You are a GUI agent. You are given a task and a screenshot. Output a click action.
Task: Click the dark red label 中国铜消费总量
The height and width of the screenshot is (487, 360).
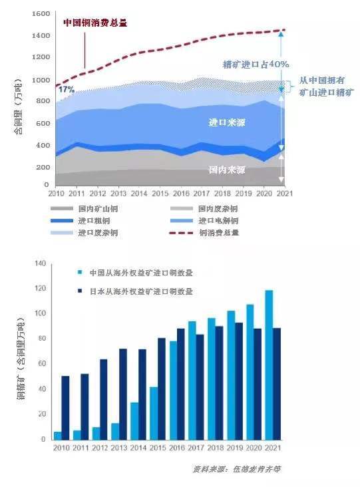(94, 22)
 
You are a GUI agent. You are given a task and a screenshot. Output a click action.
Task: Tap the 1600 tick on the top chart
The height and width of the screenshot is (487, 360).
(41, 14)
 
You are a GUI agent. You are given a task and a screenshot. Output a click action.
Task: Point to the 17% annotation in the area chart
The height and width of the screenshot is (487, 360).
(67, 89)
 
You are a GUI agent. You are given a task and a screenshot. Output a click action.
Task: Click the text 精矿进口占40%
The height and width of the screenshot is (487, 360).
(256, 65)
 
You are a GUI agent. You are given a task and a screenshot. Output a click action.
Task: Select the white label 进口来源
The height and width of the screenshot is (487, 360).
(223, 122)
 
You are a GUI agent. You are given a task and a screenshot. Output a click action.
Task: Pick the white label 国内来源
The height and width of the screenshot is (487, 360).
(226, 170)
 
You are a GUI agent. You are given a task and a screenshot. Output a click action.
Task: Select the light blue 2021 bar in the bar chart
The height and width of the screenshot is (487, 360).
(269, 365)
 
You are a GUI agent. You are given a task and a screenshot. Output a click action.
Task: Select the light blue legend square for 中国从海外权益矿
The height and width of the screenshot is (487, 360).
(80, 273)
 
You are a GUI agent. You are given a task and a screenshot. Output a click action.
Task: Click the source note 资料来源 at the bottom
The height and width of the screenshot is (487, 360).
(236, 469)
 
